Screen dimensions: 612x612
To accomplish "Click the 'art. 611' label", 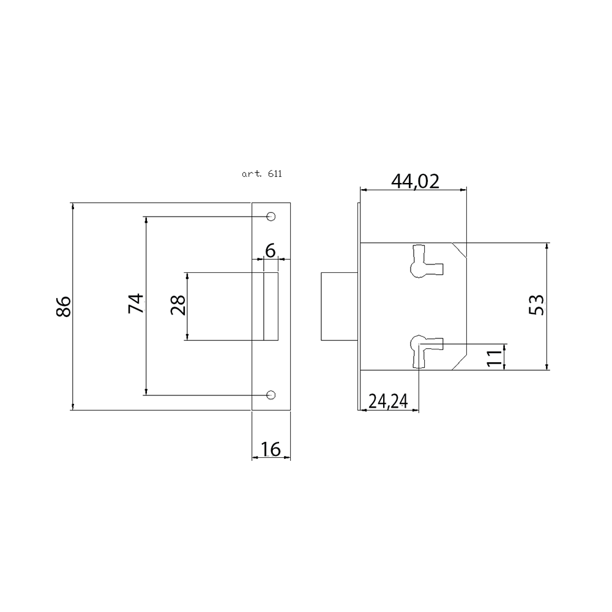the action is click(261, 174).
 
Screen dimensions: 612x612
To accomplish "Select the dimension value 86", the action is click(64, 307).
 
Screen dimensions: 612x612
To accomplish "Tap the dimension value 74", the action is click(136, 304).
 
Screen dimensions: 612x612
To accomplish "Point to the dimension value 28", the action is click(178, 305).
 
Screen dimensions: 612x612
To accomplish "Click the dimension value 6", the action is click(270, 250).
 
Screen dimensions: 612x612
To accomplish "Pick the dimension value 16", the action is click(271, 449).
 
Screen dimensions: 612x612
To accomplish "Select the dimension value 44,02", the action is click(416, 181).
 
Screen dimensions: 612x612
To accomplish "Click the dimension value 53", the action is click(536, 305).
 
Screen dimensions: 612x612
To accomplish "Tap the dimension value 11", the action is click(494, 357).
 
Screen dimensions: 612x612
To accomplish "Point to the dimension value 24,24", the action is click(388, 401).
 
